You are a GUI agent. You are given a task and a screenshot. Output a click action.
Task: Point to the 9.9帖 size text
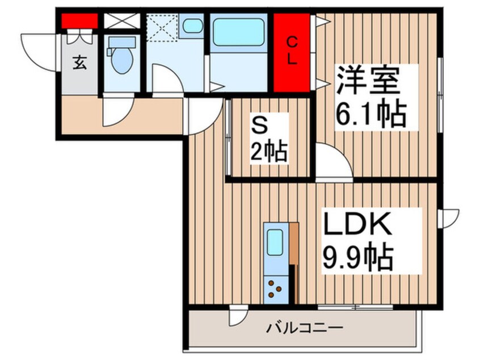[x=357, y=258]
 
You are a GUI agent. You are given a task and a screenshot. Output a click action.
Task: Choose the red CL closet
[x=292, y=52]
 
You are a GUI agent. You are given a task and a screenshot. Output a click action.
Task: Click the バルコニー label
[x=304, y=328]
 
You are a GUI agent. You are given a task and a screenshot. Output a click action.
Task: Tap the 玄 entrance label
[x=80, y=64]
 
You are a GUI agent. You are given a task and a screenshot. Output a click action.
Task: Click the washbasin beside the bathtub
[x=193, y=26]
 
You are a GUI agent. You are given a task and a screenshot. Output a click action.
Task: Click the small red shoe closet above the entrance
[x=79, y=21]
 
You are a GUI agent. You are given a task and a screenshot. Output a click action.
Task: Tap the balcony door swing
[x=238, y=316]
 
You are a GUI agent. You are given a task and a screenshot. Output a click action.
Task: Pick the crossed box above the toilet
[x=121, y=21]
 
